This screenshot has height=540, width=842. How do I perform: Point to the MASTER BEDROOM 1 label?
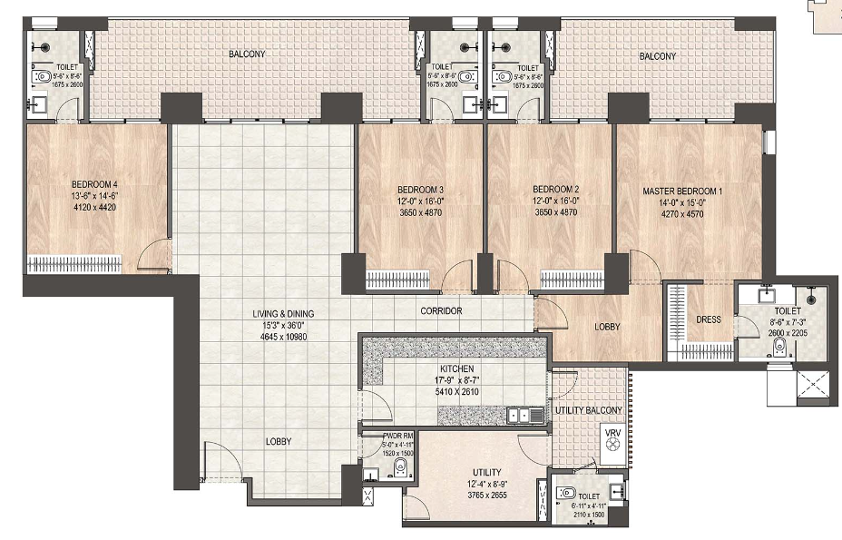tap(682, 191)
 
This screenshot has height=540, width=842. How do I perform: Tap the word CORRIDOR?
tap(441, 311)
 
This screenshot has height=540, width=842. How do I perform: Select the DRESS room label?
tap(709, 319)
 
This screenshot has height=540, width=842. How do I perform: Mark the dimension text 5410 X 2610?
tap(456, 393)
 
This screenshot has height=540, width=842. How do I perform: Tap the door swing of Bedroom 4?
tap(154, 253)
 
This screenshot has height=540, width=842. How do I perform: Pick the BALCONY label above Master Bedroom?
tap(658, 56)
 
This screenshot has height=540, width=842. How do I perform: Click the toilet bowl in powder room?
tap(399, 467)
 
